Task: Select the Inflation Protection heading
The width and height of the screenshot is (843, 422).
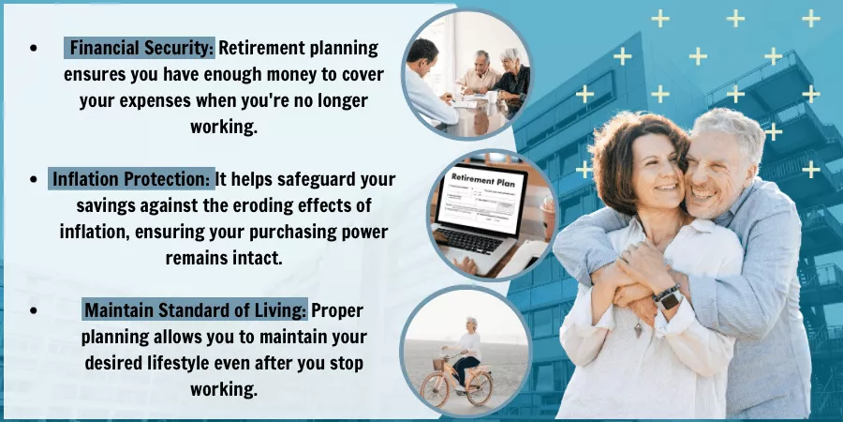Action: coord(131,179)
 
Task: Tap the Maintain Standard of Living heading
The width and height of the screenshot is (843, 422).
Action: coord(196,310)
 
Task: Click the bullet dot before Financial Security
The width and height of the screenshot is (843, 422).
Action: coord(34,48)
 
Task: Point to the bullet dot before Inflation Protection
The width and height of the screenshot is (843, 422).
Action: coord(34,179)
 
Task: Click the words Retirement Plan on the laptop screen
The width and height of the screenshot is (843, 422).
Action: coord(482,180)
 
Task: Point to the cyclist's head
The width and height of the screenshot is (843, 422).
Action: coord(471,324)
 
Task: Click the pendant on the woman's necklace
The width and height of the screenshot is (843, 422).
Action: coord(638,329)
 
